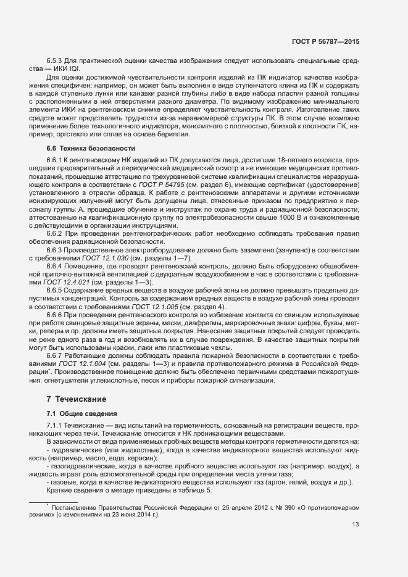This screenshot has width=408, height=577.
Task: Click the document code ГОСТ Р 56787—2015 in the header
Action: tap(325, 41)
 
